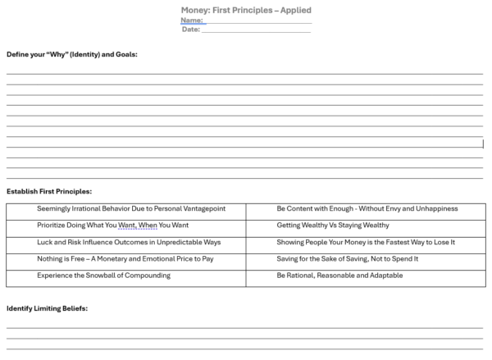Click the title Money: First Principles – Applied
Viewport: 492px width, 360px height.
pos(245,10)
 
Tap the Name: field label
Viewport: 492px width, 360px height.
pos(192,20)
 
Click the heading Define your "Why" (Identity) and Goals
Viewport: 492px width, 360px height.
pos(72,54)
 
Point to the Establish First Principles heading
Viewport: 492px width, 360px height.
pos(49,191)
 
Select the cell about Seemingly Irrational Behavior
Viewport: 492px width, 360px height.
pos(131,209)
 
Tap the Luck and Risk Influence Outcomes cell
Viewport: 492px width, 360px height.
pos(129,242)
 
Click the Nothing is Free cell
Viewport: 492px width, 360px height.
pos(125,258)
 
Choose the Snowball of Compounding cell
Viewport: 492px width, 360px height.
pos(104,276)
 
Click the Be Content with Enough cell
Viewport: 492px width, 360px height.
pos(367,209)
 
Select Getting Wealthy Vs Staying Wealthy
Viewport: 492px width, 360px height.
pos(333,226)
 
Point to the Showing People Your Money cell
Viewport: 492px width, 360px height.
pos(366,242)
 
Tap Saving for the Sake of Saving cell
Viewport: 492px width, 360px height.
pos(348,258)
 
